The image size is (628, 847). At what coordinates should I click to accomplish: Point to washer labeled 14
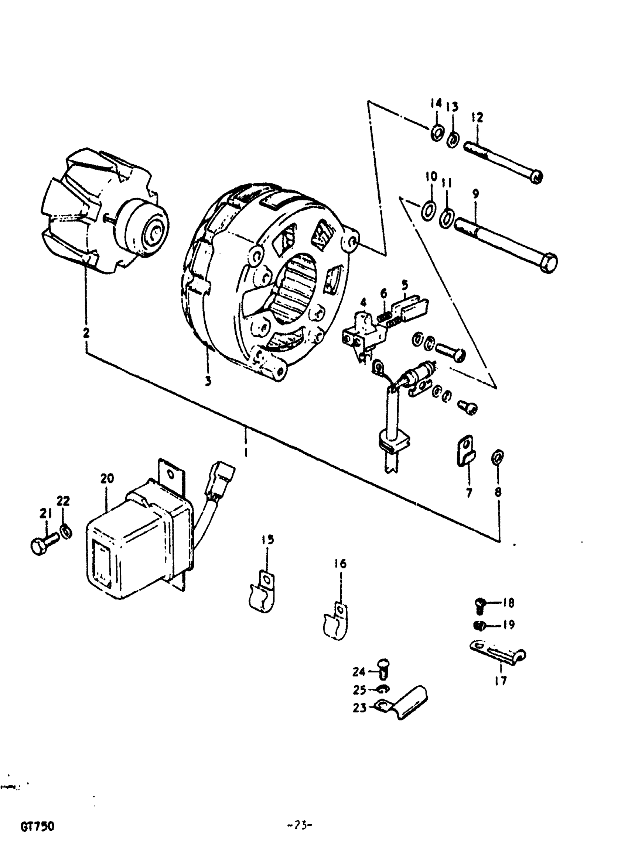(x=437, y=133)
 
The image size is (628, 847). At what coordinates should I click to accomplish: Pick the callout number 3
(x=208, y=381)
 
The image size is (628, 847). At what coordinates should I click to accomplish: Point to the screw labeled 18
(x=481, y=604)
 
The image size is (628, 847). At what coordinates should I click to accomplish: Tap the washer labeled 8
(x=497, y=457)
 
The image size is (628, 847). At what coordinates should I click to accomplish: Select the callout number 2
(x=86, y=333)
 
